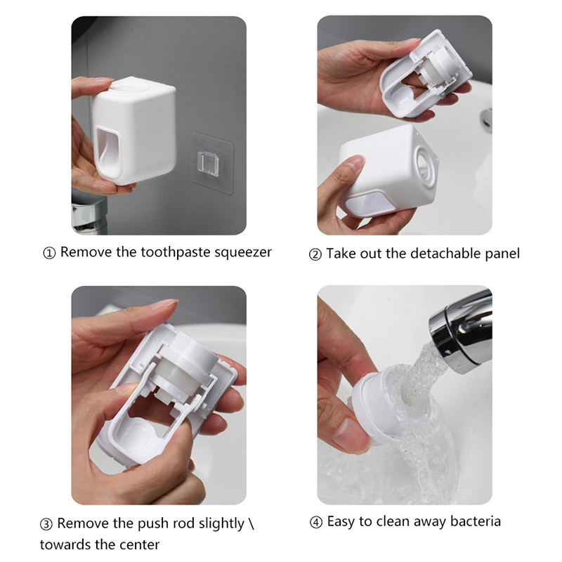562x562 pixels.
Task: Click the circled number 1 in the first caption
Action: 49,254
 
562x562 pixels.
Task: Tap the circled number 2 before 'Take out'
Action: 315,255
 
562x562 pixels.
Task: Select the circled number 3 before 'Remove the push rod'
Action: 46,524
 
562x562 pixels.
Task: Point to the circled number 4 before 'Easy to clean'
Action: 315,522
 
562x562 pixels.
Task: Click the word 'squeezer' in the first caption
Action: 243,253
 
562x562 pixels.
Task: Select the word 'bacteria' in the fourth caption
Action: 476,521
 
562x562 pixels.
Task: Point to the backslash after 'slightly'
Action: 251,523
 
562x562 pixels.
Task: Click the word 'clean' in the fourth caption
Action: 392,521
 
